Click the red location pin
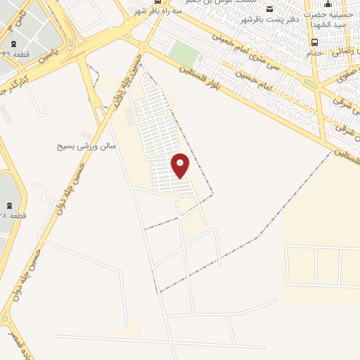(181, 165)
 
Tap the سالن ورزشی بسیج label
(86, 147)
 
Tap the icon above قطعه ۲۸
(6, 202)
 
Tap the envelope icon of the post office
(270, 8)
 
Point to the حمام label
(314, 53)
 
